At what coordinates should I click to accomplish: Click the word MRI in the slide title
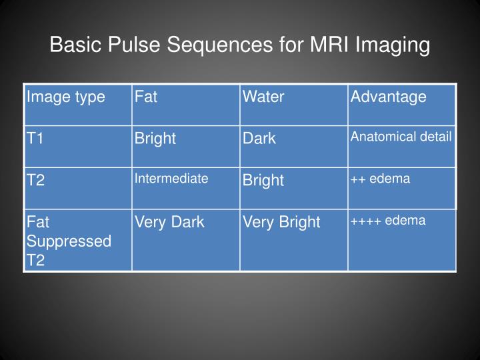[331, 45]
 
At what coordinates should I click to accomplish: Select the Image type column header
[65, 97]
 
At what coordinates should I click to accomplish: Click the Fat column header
[146, 97]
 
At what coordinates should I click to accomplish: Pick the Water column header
[263, 97]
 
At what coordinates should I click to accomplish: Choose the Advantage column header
[389, 97]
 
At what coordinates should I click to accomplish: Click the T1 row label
[35, 139]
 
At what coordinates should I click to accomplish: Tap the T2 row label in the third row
[35, 180]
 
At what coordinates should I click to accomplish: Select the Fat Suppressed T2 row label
[68, 240]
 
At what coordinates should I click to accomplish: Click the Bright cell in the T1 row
[155, 139]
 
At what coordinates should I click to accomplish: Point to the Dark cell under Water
[259, 139]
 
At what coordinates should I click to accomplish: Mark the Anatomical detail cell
[401, 137]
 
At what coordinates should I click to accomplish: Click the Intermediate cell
[171, 178]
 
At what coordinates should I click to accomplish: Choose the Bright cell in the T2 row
[263, 180]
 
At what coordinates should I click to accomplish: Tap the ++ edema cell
[380, 178]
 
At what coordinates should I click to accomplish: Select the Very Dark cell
[169, 222]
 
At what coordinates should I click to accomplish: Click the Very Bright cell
[281, 222]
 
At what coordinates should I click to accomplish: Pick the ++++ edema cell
[388, 220]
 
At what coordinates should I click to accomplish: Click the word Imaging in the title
[393, 45]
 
